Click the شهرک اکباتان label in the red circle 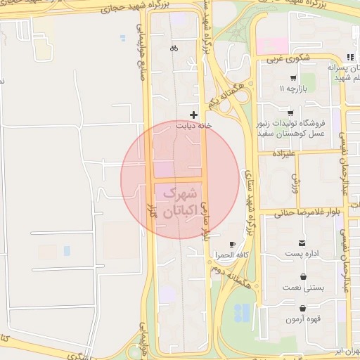coord(179,201)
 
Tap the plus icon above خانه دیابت coord(194,114)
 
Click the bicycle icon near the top coord(174,49)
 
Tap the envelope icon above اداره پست coord(302,243)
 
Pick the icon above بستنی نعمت coord(302,276)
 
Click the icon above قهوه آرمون coord(302,308)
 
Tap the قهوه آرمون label coord(303,320)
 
